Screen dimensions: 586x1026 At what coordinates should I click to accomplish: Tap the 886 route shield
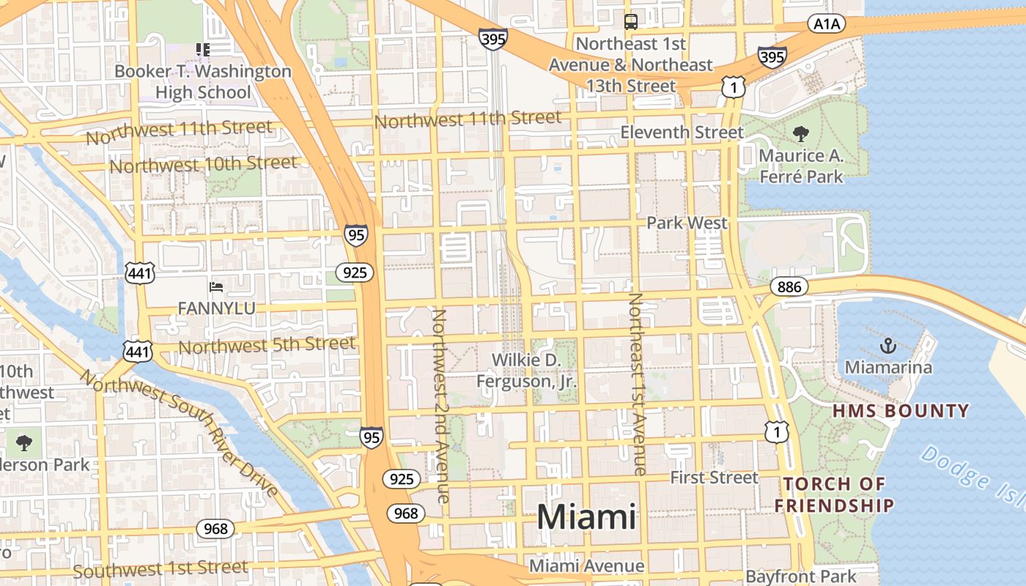789,287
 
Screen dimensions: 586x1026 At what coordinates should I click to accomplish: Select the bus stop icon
630,21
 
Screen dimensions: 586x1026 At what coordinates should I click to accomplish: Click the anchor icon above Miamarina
888,345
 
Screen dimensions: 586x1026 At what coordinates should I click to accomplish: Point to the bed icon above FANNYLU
216,286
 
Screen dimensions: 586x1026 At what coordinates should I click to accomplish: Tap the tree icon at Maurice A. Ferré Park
801,133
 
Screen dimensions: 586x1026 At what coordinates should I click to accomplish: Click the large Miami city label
586,517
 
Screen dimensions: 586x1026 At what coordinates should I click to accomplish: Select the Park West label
687,223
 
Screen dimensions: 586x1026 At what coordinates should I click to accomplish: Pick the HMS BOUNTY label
901,411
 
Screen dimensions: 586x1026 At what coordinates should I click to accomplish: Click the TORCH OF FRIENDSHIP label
835,494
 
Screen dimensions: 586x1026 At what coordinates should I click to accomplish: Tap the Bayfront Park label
800,576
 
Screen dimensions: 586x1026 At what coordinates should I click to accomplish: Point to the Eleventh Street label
682,133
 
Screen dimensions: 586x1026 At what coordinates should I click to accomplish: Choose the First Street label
715,478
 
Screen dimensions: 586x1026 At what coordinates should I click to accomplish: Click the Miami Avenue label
586,565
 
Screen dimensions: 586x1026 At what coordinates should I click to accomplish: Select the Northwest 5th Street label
267,344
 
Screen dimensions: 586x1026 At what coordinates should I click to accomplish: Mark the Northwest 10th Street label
203,164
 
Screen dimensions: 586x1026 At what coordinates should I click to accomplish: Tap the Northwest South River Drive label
180,432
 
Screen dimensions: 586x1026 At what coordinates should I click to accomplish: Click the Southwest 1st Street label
160,569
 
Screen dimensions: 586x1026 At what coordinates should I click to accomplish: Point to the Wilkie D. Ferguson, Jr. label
526,371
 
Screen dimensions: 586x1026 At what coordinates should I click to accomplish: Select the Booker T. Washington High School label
203,82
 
